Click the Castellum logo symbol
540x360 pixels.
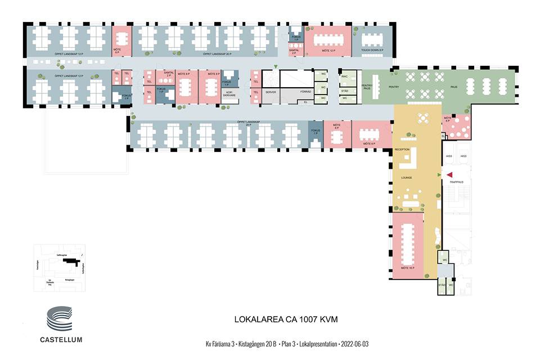pos(58,320)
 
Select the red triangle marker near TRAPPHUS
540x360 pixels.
pos(449,175)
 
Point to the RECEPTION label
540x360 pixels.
pos(402,149)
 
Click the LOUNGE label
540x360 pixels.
pos(406,178)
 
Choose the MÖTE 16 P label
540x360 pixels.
pos(408,268)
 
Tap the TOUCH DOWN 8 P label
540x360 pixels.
pos(372,51)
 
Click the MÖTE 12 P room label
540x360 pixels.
pos(328,51)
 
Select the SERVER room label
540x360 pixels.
pos(271,92)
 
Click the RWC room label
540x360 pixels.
pos(345,76)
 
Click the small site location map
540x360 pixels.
pos(59,268)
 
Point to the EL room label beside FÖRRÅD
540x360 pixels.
pos(305,102)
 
